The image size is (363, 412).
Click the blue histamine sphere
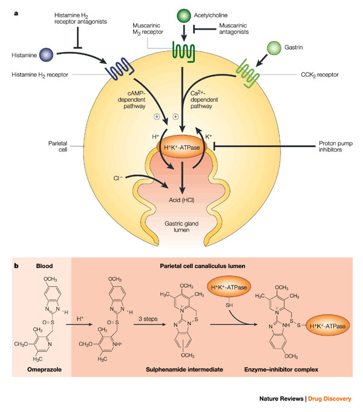point(46,55)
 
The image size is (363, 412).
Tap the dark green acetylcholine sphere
point(184,16)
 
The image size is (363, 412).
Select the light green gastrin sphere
point(274,48)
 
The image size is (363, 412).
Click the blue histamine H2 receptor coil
point(120,69)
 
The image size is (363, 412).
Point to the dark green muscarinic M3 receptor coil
point(184,51)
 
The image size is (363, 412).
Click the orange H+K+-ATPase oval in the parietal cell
point(182,147)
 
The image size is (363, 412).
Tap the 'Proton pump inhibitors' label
point(336,146)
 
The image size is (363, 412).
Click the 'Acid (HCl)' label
point(181,200)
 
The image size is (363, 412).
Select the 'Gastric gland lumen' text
point(181,226)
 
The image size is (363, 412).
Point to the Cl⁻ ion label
point(118,178)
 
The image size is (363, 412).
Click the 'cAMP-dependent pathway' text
point(132,100)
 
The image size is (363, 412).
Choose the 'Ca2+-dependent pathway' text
point(204,100)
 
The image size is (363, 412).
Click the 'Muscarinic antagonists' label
point(234,28)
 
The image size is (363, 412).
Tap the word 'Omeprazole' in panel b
point(44,370)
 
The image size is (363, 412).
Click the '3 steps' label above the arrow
point(148,319)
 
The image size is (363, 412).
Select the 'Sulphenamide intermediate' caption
point(185,370)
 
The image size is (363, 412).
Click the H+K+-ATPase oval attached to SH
point(229,287)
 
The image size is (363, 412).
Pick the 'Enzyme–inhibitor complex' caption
point(281,370)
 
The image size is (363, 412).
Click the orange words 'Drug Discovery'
point(330,399)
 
